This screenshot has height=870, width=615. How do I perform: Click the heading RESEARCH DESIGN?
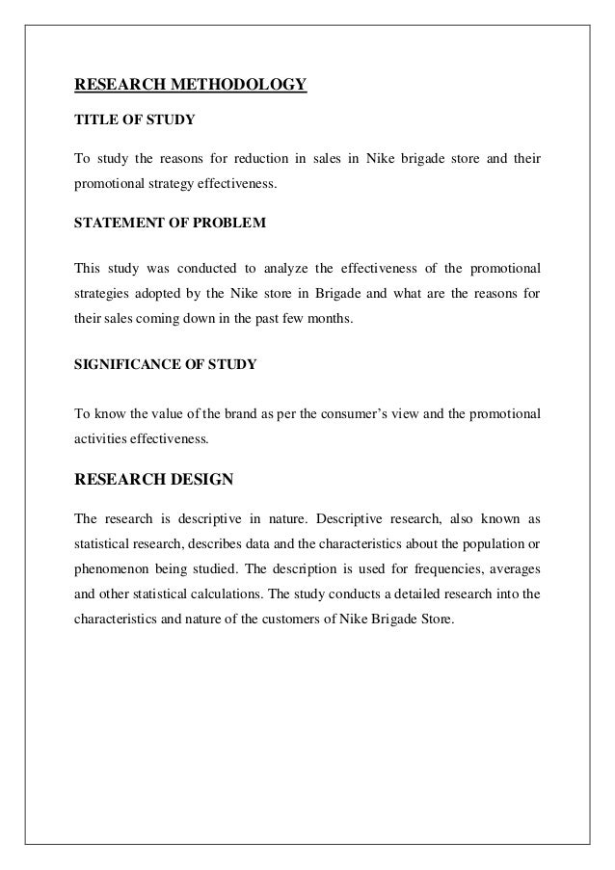[x=153, y=477]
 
